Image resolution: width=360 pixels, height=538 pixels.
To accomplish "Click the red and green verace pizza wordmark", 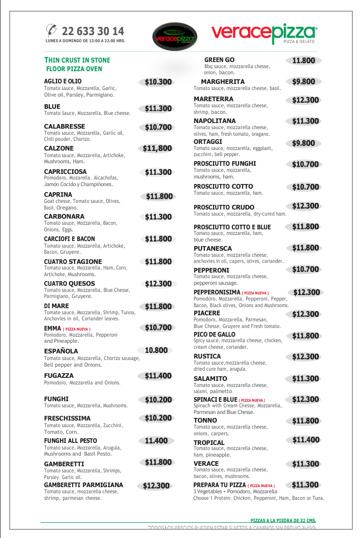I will coord(264,34).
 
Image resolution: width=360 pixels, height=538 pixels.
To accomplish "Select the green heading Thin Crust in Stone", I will coord(77,60).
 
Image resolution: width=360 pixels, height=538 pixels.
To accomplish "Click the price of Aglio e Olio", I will coord(158,82).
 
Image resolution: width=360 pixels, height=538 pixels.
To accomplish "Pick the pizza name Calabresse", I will coord(65,126).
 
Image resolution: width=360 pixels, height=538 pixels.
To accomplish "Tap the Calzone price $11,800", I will coord(157,148).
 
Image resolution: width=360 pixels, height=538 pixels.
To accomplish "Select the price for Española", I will coord(156,350).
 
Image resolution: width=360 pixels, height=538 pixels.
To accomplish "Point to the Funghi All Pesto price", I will coord(156,441).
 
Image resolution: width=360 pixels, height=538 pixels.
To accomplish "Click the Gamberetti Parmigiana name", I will coord(83,485).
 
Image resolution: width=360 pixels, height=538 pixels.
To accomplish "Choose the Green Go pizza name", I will coord(219,60).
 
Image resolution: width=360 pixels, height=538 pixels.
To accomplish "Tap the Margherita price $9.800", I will coord(304,81).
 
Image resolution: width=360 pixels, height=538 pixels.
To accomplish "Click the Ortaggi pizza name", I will coord(208,141).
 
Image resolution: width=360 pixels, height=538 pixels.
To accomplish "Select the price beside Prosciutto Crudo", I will coord(306,206).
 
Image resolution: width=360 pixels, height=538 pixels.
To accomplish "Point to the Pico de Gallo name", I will coord(215,335).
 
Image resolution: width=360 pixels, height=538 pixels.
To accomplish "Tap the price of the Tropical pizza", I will coord(306,440).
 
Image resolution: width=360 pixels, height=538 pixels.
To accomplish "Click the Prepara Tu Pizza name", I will coord(219,486).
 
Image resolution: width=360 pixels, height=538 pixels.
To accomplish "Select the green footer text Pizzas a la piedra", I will coord(283,520).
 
